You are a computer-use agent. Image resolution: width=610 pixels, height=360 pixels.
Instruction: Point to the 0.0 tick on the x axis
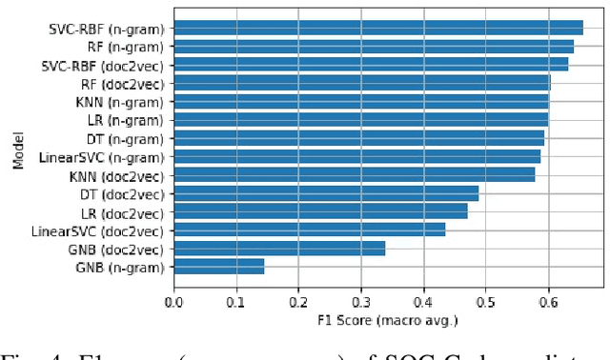pos(173,302)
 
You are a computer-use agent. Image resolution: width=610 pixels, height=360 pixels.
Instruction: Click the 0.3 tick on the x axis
pos(360,302)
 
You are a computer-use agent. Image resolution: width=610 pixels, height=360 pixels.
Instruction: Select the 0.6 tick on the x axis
pos(548,302)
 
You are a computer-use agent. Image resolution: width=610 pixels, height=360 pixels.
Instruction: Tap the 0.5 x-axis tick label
pos(485,302)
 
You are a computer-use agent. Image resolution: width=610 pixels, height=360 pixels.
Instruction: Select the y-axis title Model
pos(18,150)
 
